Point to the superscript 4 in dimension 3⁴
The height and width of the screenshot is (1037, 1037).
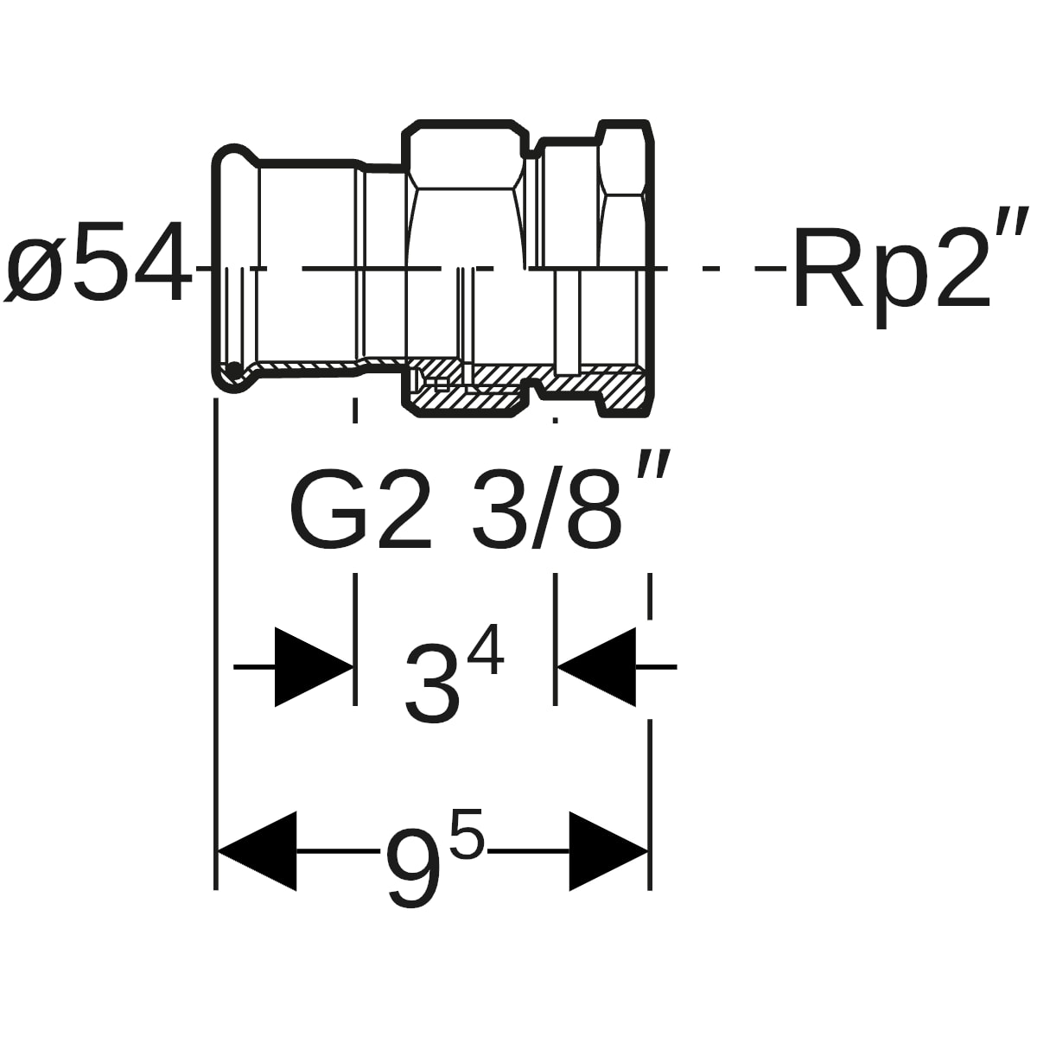(x=486, y=652)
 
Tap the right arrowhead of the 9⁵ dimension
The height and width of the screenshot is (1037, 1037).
(x=608, y=851)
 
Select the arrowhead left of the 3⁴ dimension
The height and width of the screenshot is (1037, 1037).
(x=314, y=667)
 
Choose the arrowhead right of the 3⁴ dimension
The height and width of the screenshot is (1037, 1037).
(x=596, y=667)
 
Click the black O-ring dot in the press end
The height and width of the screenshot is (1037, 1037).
(x=234, y=370)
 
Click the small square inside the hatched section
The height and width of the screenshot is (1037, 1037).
(x=440, y=384)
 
